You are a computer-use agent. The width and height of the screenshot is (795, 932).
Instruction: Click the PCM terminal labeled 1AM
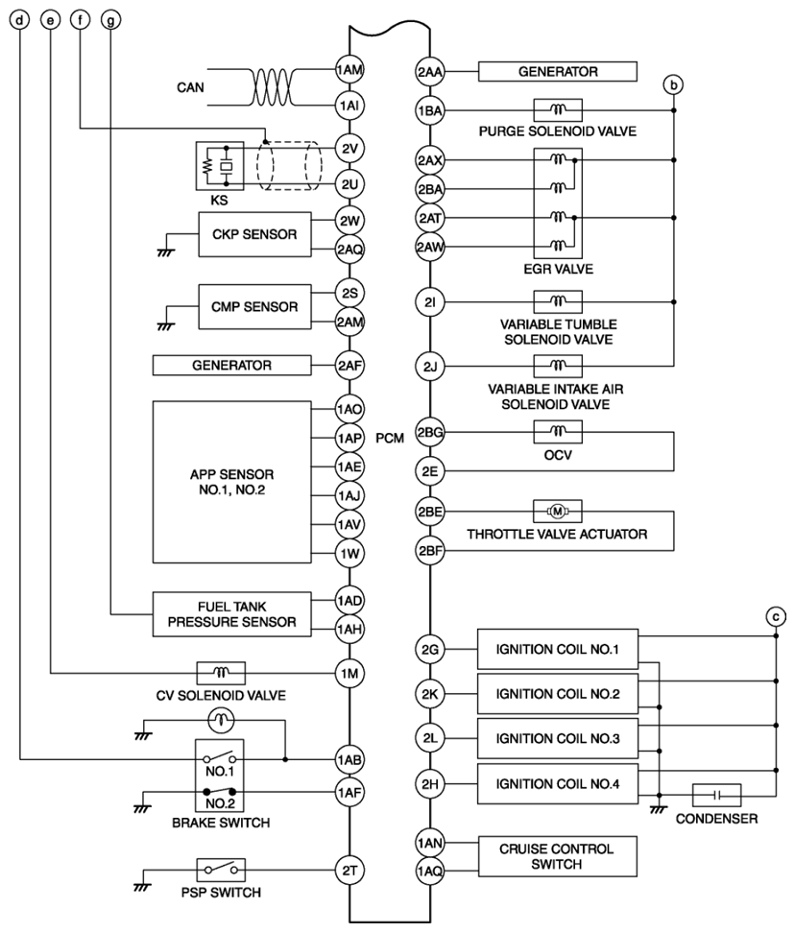tap(349, 70)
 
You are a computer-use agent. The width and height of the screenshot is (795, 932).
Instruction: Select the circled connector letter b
tap(673, 85)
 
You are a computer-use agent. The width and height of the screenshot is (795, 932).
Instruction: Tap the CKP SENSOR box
tap(254, 234)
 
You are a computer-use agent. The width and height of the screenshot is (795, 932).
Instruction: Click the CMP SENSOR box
tap(254, 307)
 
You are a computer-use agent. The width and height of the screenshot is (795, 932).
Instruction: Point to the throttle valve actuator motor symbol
tap(557, 512)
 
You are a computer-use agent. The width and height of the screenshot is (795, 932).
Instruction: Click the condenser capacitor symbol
tap(716, 795)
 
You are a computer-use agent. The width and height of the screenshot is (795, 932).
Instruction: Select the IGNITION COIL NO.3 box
tap(558, 738)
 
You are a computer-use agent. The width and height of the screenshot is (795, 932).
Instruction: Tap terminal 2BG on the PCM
tap(430, 432)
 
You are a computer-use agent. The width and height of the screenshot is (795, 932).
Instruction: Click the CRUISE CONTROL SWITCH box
tap(558, 856)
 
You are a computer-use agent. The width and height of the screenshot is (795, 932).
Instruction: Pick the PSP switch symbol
tap(221, 871)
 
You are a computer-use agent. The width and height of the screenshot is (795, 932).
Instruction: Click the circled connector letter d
tap(20, 20)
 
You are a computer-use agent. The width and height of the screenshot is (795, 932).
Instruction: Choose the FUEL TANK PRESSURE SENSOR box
tap(232, 614)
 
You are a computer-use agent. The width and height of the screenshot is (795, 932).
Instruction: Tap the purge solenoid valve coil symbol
tap(558, 110)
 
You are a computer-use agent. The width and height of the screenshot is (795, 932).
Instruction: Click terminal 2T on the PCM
tap(349, 871)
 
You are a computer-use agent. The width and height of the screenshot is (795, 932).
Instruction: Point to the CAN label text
tap(190, 87)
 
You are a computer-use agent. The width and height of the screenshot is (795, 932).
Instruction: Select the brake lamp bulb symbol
tap(221, 721)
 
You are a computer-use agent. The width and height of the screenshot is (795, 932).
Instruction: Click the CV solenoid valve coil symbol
tap(221, 673)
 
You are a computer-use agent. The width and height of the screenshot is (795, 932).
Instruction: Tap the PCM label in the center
tap(390, 438)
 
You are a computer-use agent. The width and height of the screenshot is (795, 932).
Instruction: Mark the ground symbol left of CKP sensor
tap(166, 252)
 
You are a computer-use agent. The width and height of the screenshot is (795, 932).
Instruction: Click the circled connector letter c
tap(776, 616)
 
